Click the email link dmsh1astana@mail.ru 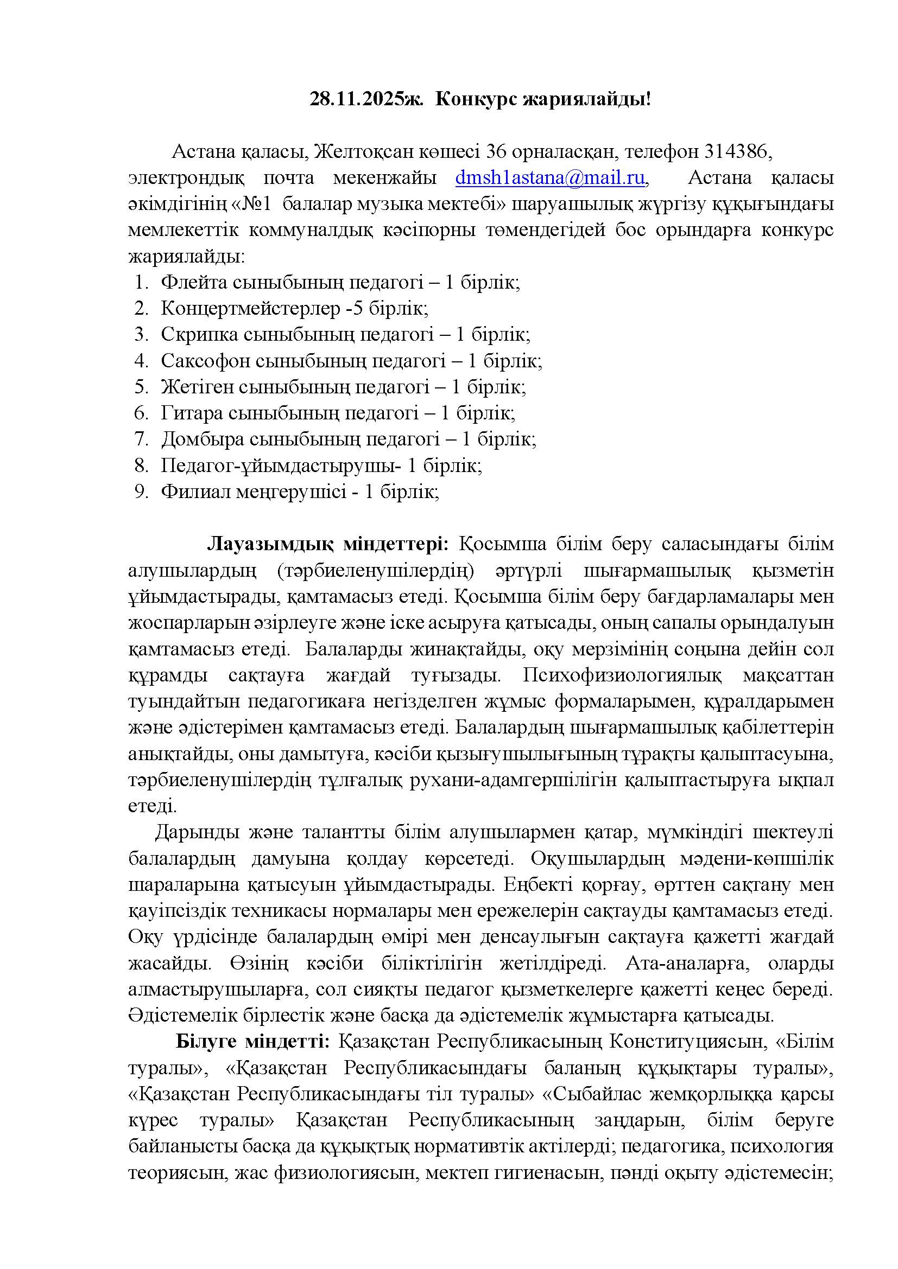coord(550,178)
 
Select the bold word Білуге coord(207,1042)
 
